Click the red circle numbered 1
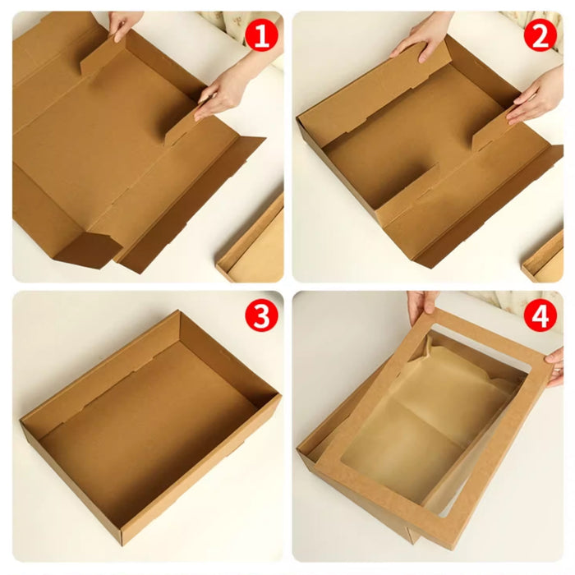tap(262, 36)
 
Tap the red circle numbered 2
tap(541, 36)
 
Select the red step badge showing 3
tap(262, 317)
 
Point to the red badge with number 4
tap(541, 317)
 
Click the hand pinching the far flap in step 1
tap(126, 25)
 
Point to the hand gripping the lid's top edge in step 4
tap(423, 306)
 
